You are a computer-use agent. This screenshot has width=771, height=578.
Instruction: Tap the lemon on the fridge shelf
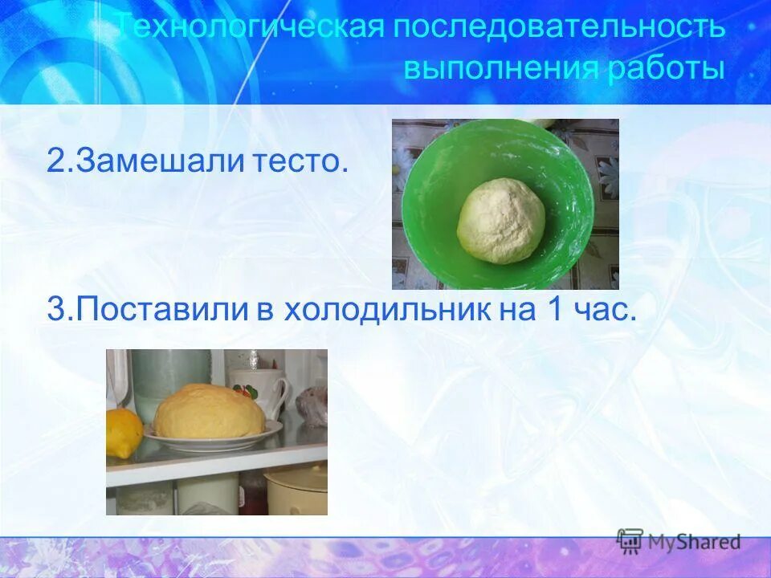(122, 433)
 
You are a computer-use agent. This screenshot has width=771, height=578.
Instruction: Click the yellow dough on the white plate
(210, 412)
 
